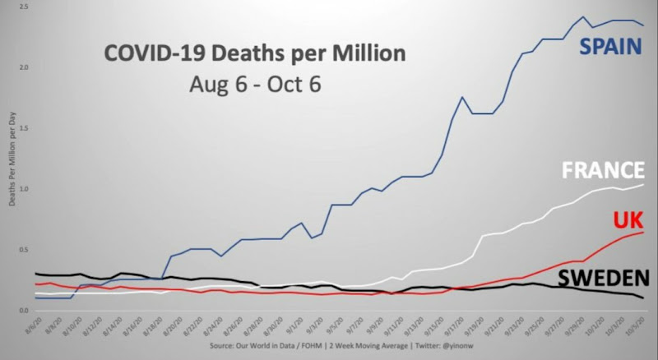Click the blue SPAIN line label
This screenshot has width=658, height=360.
coord(610,47)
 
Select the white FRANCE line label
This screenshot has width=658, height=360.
coord(602,170)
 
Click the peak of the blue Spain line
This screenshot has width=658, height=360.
coord(583,16)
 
